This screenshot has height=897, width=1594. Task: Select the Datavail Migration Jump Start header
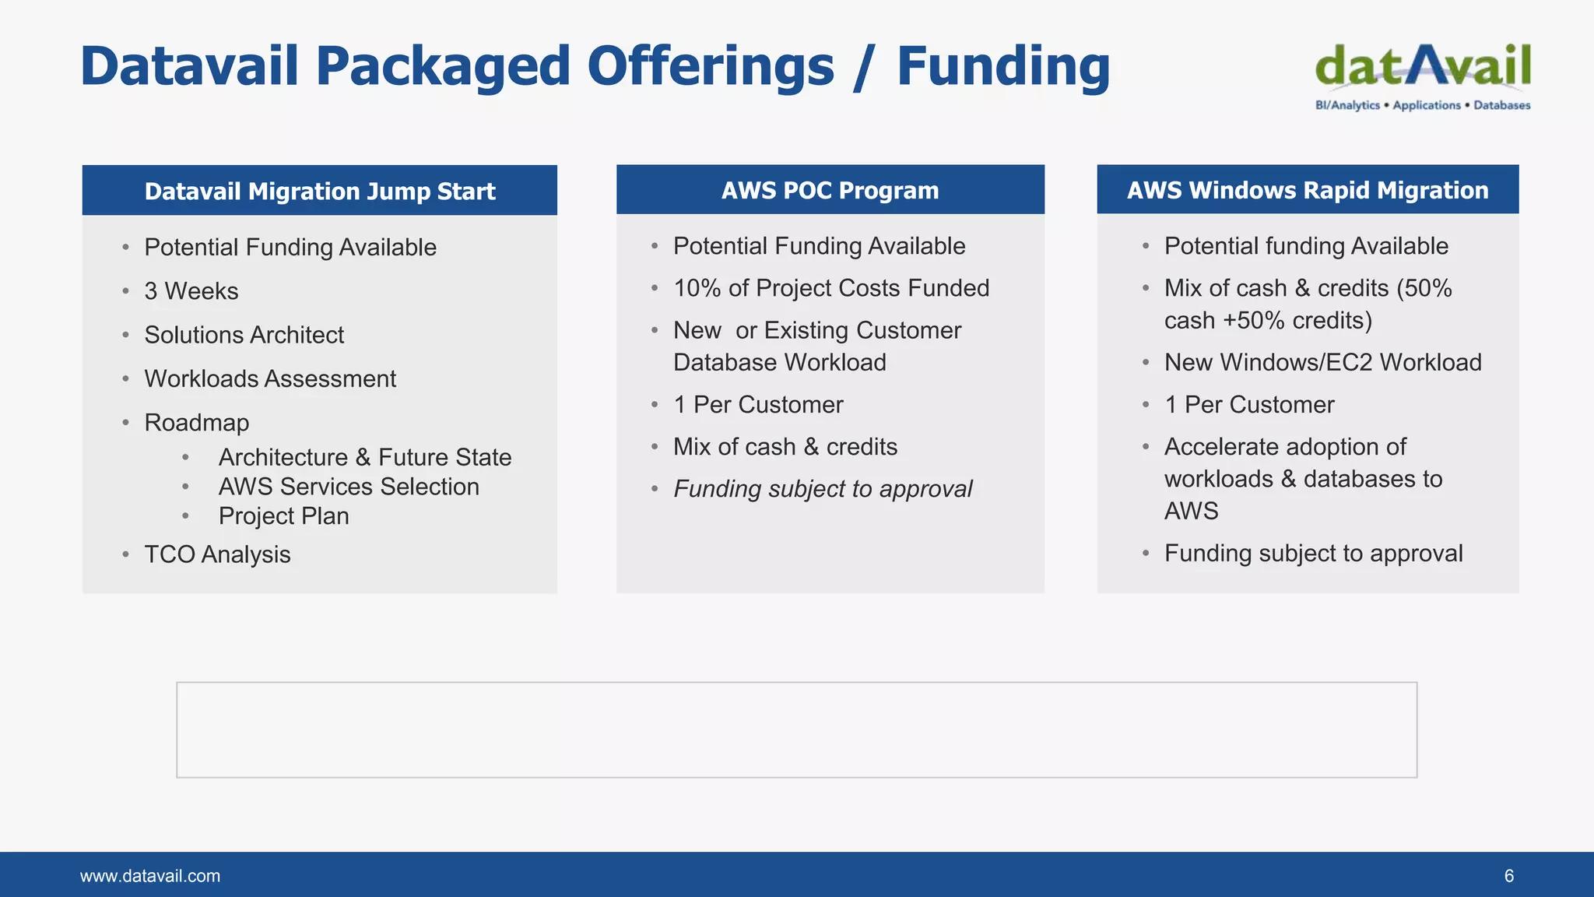(319, 191)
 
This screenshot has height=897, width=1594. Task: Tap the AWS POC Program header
(830, 190)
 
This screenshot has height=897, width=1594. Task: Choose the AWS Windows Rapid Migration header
(1308, 190)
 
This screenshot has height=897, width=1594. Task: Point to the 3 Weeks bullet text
(191, 291)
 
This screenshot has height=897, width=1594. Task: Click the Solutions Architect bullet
(244, 335)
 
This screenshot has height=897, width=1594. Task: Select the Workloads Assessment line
(270, 378)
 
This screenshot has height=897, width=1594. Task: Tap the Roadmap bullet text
(197, 423)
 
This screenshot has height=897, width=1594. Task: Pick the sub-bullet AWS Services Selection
(349, 487)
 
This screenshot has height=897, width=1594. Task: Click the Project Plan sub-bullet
(283, 516)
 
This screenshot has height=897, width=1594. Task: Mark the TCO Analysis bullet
(217, 554)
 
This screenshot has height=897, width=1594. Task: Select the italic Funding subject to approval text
(823, 489)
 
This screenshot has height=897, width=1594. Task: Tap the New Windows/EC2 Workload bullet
(1322, 362)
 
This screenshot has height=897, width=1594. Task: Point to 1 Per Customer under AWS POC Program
(758, 405)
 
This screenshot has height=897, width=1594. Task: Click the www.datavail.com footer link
(150, 876)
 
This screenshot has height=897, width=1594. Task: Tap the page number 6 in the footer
(1508, 876)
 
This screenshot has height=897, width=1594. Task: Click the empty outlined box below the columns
(796, 730)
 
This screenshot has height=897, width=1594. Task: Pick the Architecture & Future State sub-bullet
(365, 457)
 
